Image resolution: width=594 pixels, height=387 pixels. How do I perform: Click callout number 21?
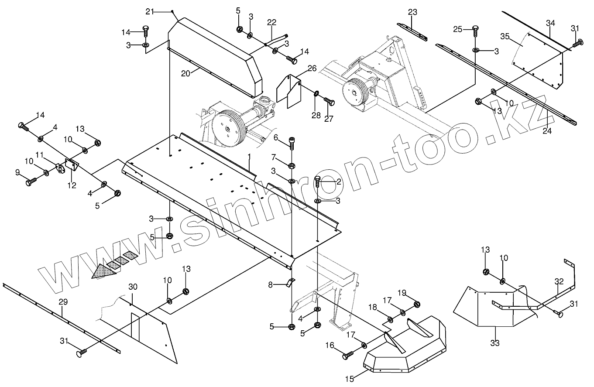click(150, 11)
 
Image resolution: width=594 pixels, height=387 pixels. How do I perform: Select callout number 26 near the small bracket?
click(312, 68)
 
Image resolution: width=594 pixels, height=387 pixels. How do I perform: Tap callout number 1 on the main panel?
click(249, 156)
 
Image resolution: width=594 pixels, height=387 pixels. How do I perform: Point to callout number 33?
click(494, 343)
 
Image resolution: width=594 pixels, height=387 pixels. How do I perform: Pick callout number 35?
click(505, 37)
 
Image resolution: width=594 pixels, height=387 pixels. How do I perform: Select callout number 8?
click(271, 284)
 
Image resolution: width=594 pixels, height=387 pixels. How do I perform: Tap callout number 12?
click(72, 185)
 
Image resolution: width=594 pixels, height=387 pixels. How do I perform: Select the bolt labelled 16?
click(347, 356)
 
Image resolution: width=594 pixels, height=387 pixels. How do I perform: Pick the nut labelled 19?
click(416, 305)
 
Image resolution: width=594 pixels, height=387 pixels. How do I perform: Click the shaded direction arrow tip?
click(97, 274)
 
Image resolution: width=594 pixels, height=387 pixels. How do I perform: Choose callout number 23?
click(413, 12)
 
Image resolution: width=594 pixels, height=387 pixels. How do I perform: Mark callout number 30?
click(133, 287)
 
